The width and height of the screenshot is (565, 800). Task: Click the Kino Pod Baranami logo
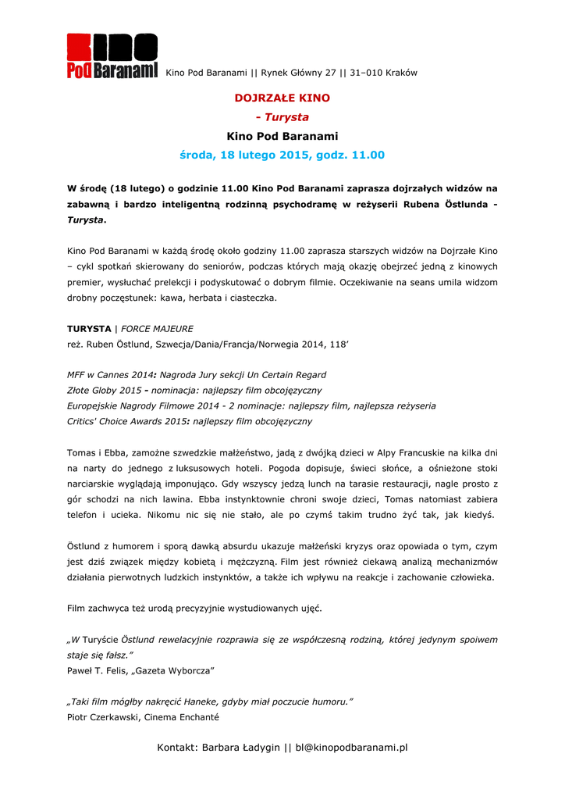point(112,56)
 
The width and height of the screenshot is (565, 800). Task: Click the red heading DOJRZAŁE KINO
point(282,98)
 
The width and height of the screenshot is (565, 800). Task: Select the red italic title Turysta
point(286,117)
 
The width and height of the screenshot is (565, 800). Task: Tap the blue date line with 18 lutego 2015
point(282,155)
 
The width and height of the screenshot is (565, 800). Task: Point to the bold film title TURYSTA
point(89,329)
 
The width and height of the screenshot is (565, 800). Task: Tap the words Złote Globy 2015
point(104,390)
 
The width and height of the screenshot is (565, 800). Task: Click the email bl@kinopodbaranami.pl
point(351,748)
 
